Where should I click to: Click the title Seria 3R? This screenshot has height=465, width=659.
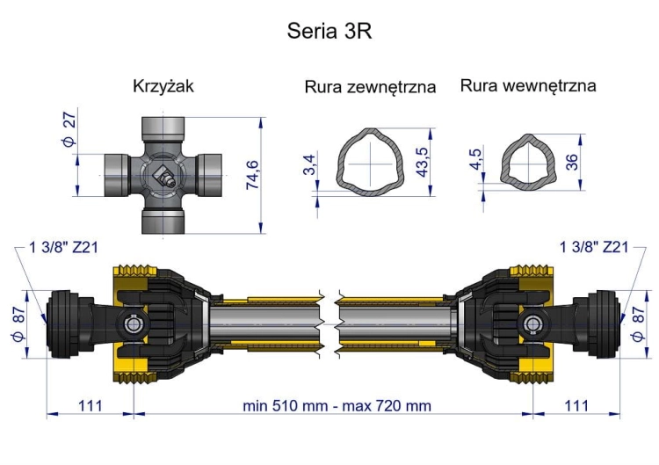(x=329, y=31)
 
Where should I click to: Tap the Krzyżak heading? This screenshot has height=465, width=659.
(x=163, y=86)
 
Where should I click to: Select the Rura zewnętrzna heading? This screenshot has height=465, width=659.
(x=370, y=87)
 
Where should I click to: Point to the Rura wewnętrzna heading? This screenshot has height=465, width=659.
(x=528, y=86)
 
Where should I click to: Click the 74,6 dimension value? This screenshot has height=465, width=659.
(x=252, y=175)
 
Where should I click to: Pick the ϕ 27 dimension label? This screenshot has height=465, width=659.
(x=69, y=129)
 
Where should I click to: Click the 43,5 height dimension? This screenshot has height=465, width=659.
(x=422, y=162)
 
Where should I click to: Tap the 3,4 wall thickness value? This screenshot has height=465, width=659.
(x=309, y=164)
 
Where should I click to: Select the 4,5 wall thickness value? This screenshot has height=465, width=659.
(x=475, y=159)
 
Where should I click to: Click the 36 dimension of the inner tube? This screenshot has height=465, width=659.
(x=572, y=162)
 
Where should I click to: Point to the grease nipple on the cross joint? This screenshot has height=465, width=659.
(x=163, y=175)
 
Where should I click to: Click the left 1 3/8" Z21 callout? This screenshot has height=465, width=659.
(x=63, y=247)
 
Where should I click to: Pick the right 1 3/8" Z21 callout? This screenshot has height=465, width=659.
(x=594, y=247)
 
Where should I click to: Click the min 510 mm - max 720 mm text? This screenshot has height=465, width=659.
(x=337, y=406)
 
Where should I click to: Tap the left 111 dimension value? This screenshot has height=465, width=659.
(x=91, y=406)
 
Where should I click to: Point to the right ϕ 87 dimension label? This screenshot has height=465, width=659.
(x=638, y=323)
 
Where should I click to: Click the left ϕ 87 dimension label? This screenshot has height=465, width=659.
(x=19, y=323)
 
